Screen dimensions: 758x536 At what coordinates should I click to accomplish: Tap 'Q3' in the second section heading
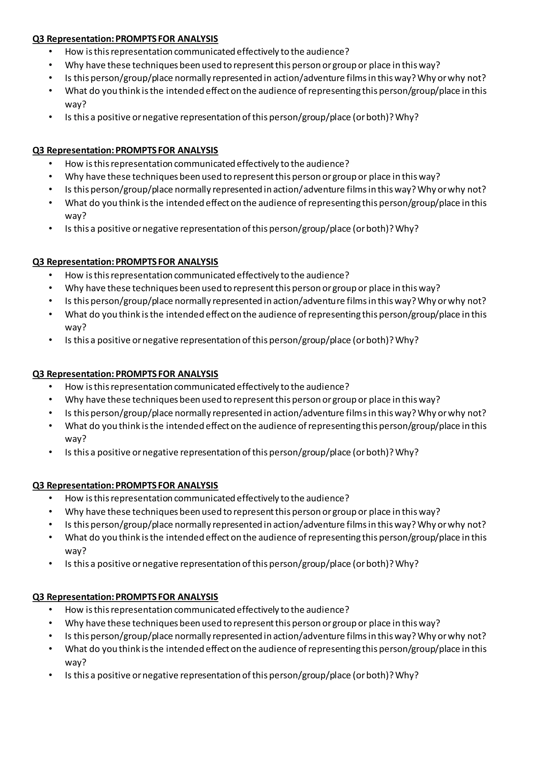[x=38, y=150]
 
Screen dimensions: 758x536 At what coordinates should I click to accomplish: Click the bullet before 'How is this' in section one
[x=51, y=52]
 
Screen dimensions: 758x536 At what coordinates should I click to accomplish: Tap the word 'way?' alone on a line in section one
[x=75, y=104]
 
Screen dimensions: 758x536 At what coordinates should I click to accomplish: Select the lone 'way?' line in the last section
[x=75, y=662]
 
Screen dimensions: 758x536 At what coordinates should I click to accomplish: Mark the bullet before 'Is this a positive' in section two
[x=51, y=229]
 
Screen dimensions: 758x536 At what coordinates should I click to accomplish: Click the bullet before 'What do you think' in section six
[x=51, y=649]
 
